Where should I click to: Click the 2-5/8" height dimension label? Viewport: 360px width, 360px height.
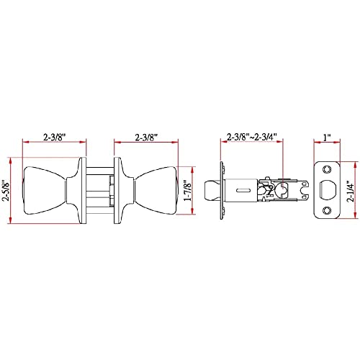(x=5, y=190)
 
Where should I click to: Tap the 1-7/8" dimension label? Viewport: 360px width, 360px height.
(x=187, y=191)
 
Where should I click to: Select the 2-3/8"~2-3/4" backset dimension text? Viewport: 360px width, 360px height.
(x=252, y=138)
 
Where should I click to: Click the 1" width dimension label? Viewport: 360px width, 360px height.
(x=327, y=138)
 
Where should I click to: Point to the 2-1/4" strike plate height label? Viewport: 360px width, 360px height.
(x=351, y=191)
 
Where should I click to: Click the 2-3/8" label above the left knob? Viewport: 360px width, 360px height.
(x=54, y=138)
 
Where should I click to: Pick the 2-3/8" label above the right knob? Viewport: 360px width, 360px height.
(x=146, y=138)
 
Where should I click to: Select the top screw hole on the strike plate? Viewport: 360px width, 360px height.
(x=326, y=170)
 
